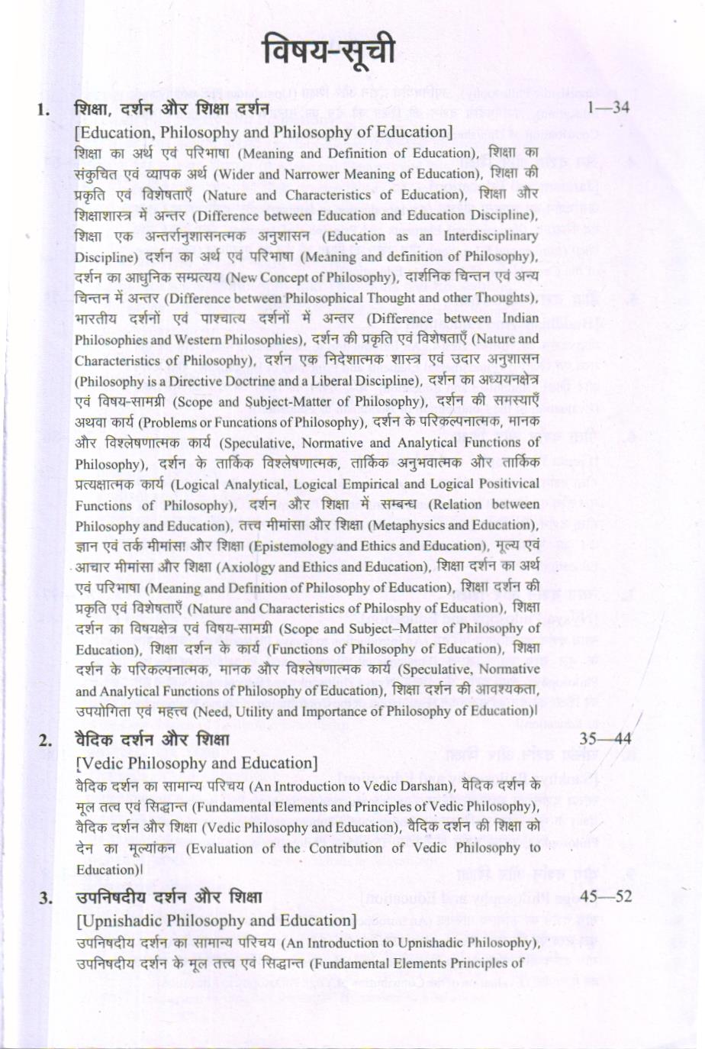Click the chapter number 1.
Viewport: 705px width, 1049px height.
(43, 110)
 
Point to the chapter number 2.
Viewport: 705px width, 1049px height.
(45, 741)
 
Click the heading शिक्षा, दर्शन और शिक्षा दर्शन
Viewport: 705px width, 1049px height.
(172, 109)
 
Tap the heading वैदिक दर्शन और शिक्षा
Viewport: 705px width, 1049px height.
(153, 740)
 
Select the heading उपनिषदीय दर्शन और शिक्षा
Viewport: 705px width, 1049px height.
(169, 897)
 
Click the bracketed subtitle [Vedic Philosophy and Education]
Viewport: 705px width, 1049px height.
(196, 763)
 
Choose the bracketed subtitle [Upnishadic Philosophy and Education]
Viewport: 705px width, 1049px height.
(216, 920)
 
